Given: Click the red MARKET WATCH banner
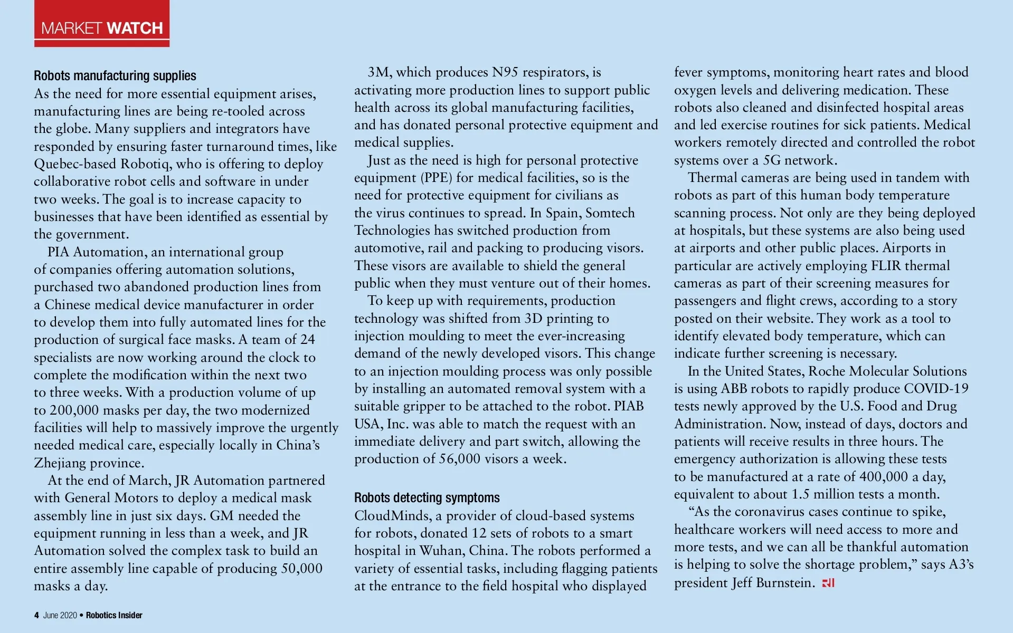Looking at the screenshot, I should coord(102,24).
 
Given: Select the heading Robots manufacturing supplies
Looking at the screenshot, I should coord(115,76).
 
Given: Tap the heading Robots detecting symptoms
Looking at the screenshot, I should coord(427,498).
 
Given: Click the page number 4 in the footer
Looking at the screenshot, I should coord(36,615).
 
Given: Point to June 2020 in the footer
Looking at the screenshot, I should coord(60,615).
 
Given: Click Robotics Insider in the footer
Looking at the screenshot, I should coord(114,615).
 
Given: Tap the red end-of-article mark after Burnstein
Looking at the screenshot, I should coord(828,583).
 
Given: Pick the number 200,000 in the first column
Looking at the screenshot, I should coord(74,410).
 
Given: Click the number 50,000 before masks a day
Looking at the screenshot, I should coord(299,569).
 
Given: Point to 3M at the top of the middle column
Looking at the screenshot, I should coord(380,72).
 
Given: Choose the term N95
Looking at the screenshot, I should coord(505,72).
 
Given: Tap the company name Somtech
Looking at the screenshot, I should coord(610,213).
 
